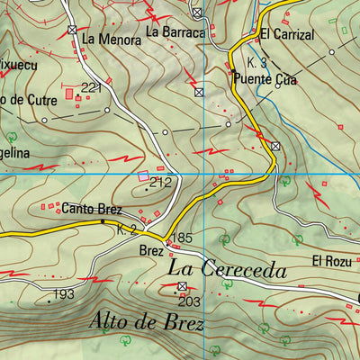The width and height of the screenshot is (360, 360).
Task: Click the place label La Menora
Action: [112, 40]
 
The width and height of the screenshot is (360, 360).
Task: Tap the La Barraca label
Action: [176, 32]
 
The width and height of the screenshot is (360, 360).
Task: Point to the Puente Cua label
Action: [265, 79]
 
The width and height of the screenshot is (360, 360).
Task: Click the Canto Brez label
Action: [86, 208]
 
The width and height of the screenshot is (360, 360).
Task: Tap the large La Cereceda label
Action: [227, 269]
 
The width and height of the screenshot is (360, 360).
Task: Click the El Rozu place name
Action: [329, 261]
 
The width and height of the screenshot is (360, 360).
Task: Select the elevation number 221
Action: [91, 86]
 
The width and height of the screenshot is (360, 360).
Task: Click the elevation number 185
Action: [183, 238]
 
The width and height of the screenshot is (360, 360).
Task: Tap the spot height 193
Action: [63, 295]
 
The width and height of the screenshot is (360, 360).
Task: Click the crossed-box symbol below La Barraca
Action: [198, 92]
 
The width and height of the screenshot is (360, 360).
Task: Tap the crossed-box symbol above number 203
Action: [183, 286]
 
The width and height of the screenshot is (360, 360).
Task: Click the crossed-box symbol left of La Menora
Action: [73, 30]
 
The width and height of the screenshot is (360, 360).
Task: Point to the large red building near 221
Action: [68, 93]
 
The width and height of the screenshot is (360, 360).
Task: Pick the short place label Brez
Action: [150, 253]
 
